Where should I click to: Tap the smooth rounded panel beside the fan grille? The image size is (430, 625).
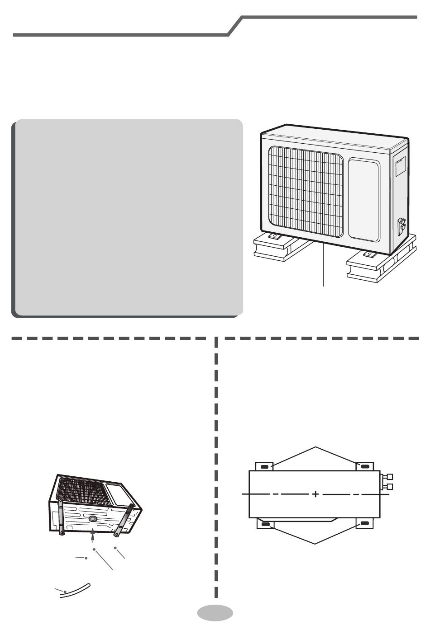[x=363, y=199]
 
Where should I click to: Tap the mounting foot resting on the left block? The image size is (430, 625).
[x=274, y=236]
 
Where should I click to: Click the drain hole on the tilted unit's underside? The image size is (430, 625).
[x=92, y=519]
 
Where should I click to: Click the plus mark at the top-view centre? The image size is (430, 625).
[x=315, y=494]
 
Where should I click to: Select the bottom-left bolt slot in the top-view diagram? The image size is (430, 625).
[x=265, y=524]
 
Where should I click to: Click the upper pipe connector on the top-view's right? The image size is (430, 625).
[x=389, y=477]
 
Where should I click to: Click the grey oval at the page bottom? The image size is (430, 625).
[x=215, y=612]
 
